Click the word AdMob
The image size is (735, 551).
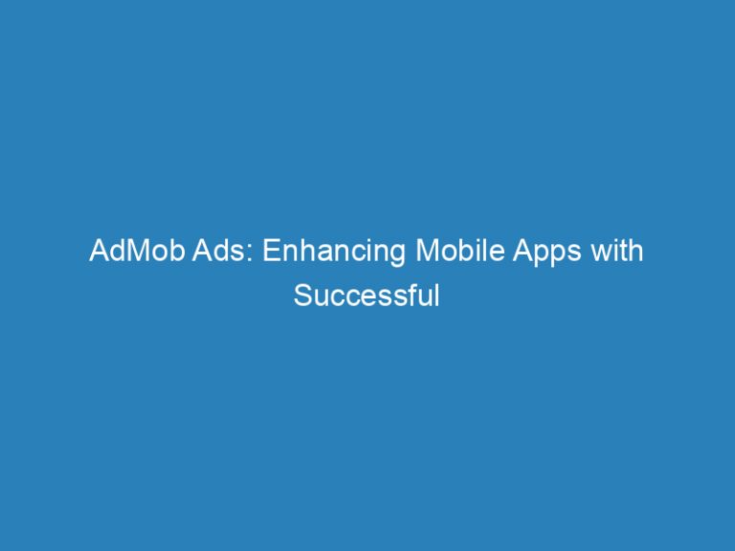click(x=127, y=253)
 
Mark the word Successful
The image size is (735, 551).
click(x=367, y=296)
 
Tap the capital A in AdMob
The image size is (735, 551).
click(x=98, y=253)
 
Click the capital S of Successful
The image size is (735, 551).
click(x=302, y=296)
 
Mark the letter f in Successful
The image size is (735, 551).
click(x=412, y=295)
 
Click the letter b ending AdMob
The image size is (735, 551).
click(x=160, y=253)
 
